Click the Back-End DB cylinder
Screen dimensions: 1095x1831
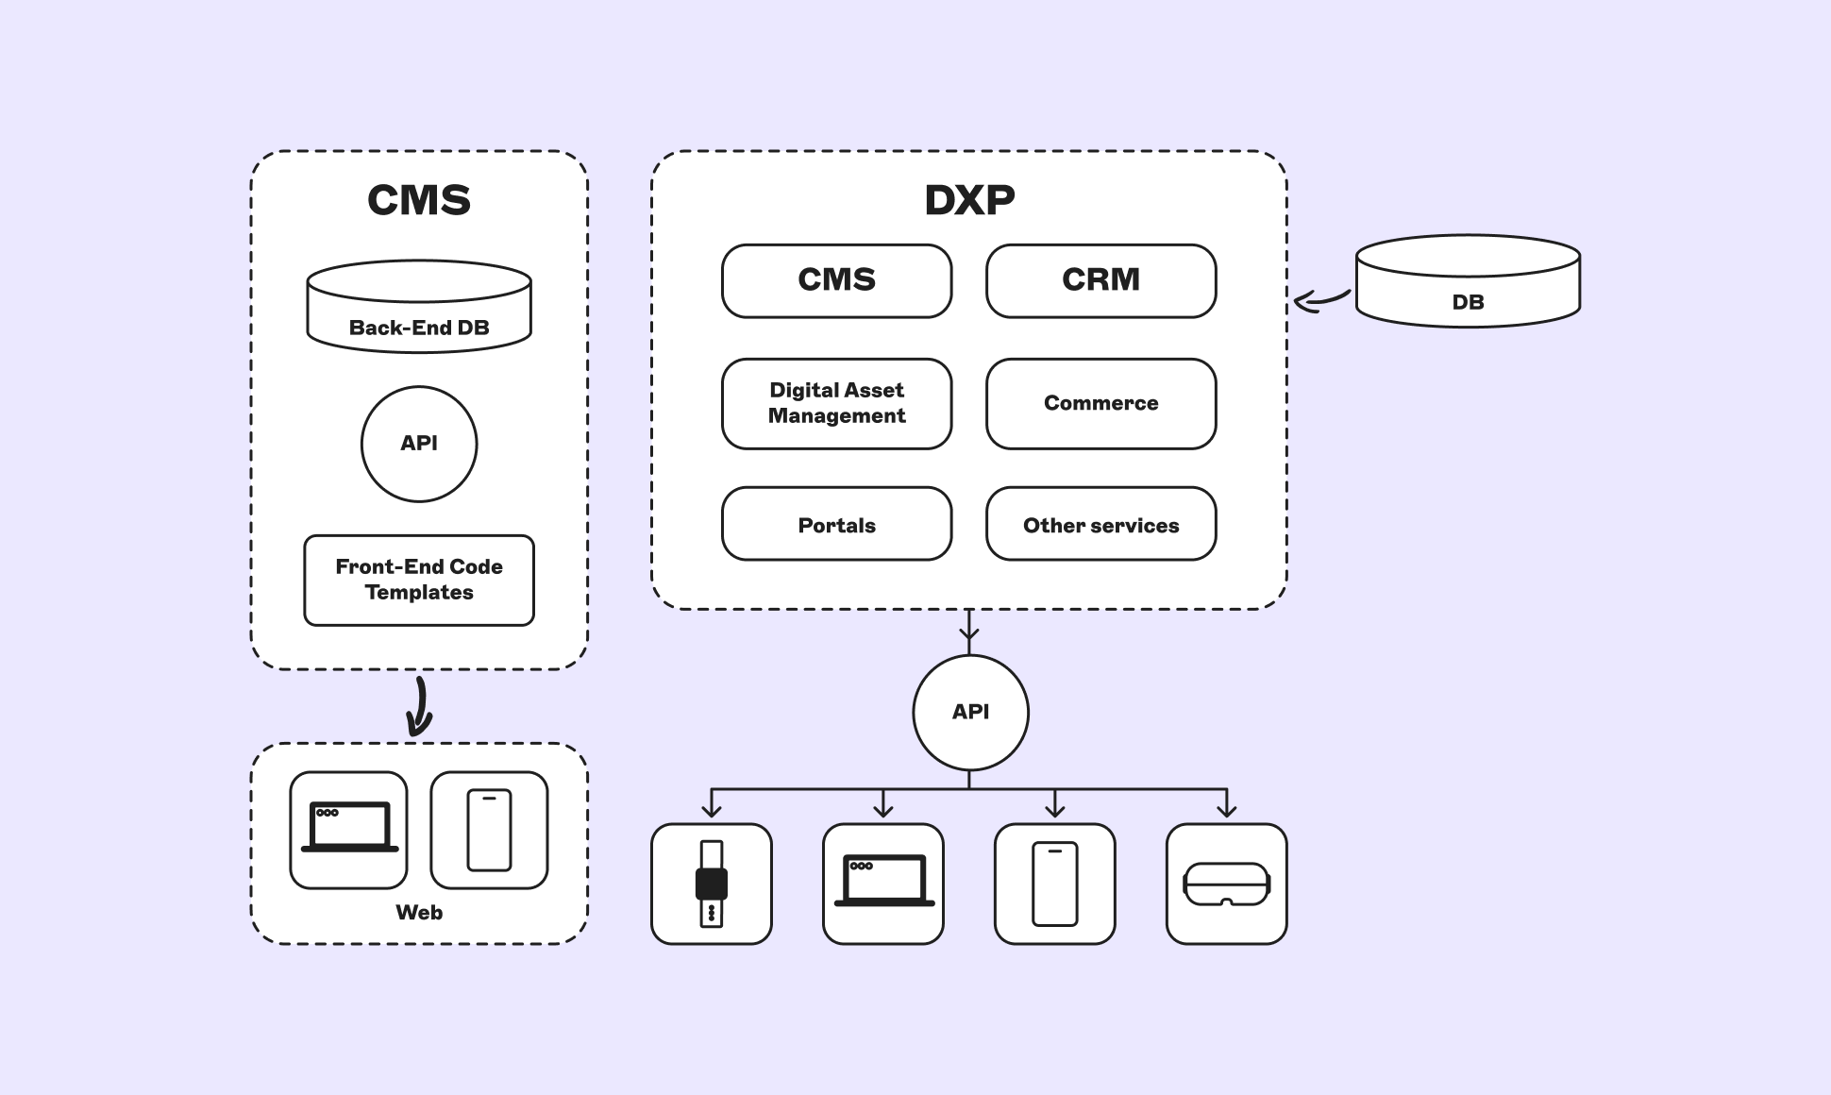(419, 308)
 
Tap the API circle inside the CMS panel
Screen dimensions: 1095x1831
(419, 444)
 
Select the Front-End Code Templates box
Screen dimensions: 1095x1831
(419, 580)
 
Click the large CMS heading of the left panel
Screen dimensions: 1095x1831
(419, 200)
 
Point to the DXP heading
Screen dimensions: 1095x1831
(969, 200)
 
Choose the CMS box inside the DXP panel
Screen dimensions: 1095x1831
(836, 280)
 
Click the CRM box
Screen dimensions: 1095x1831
(1100, 280)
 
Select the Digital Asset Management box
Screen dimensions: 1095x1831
(836, 403)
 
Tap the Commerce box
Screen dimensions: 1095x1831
(1100, 403)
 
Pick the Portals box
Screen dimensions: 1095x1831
(836, 524)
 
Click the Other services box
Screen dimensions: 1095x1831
(1100, 524)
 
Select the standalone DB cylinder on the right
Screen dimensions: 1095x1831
(1468, 282)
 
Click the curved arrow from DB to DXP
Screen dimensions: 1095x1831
(1321, 300)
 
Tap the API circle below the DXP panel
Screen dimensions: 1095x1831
(970, 712)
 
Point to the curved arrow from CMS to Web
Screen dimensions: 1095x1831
(420, 706)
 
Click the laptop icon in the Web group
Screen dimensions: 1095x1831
(349, 830)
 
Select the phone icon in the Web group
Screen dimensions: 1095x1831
(489, 830)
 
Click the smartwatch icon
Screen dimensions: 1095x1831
(712, 884)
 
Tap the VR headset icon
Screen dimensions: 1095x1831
(1226, 884)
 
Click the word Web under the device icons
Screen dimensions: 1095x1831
(419, 912)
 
